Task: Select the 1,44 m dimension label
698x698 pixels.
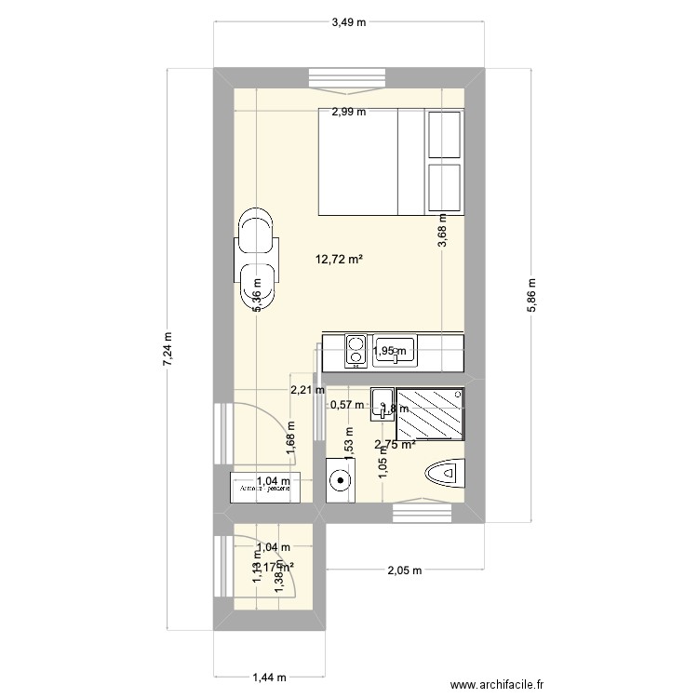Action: click(269, 680)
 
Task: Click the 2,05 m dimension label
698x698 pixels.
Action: click(405, 570)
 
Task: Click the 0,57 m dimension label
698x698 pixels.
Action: click(348, 405)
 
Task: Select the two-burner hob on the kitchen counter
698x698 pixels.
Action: click(355, 350)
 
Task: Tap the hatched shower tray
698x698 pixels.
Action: click(429, 414)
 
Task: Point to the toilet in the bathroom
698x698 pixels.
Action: click(445, 475)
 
